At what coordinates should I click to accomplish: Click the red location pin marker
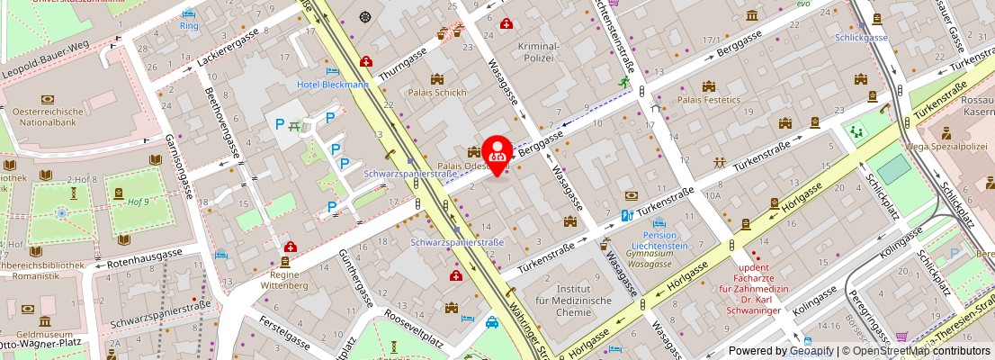click(x=497, y=153)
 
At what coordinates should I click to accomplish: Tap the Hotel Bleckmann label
click(x=333, y=85)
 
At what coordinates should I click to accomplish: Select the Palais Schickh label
click(x=437, y=93)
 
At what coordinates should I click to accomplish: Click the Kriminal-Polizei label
click(x=539, y=51)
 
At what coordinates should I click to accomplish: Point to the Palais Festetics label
click(x=709, y=99)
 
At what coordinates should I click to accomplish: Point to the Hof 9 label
click(x=137, y=202)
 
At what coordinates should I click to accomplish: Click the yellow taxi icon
click(x=492, y=322)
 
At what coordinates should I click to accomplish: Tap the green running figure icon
click(x=623, y=82)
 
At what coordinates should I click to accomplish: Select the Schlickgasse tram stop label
click(x=861, y=38)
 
